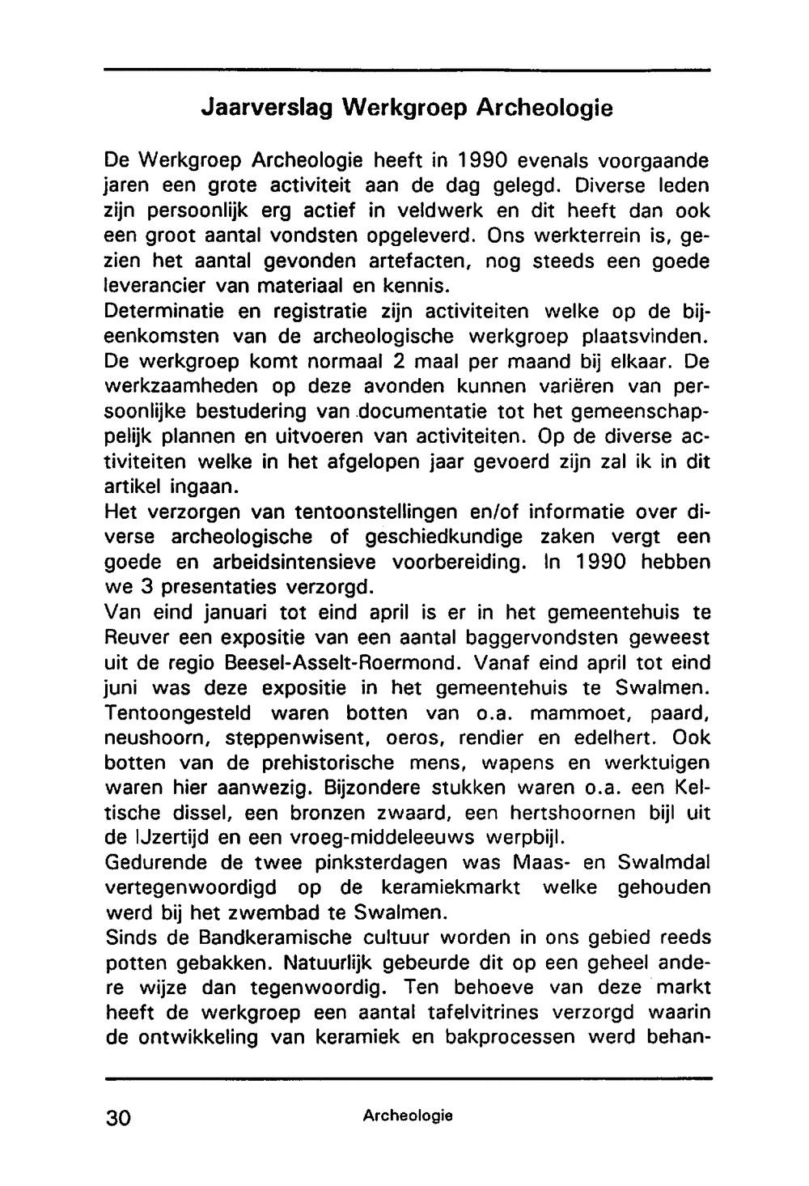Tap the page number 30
click(x=121, y=1118)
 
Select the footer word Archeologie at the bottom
click(x=407, y=1116)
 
